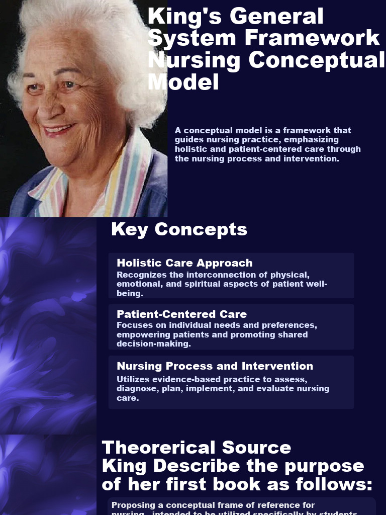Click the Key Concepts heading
179,229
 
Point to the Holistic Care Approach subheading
184,263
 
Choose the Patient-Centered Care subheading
181,314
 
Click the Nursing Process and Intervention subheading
215,366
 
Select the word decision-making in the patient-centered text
154,344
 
